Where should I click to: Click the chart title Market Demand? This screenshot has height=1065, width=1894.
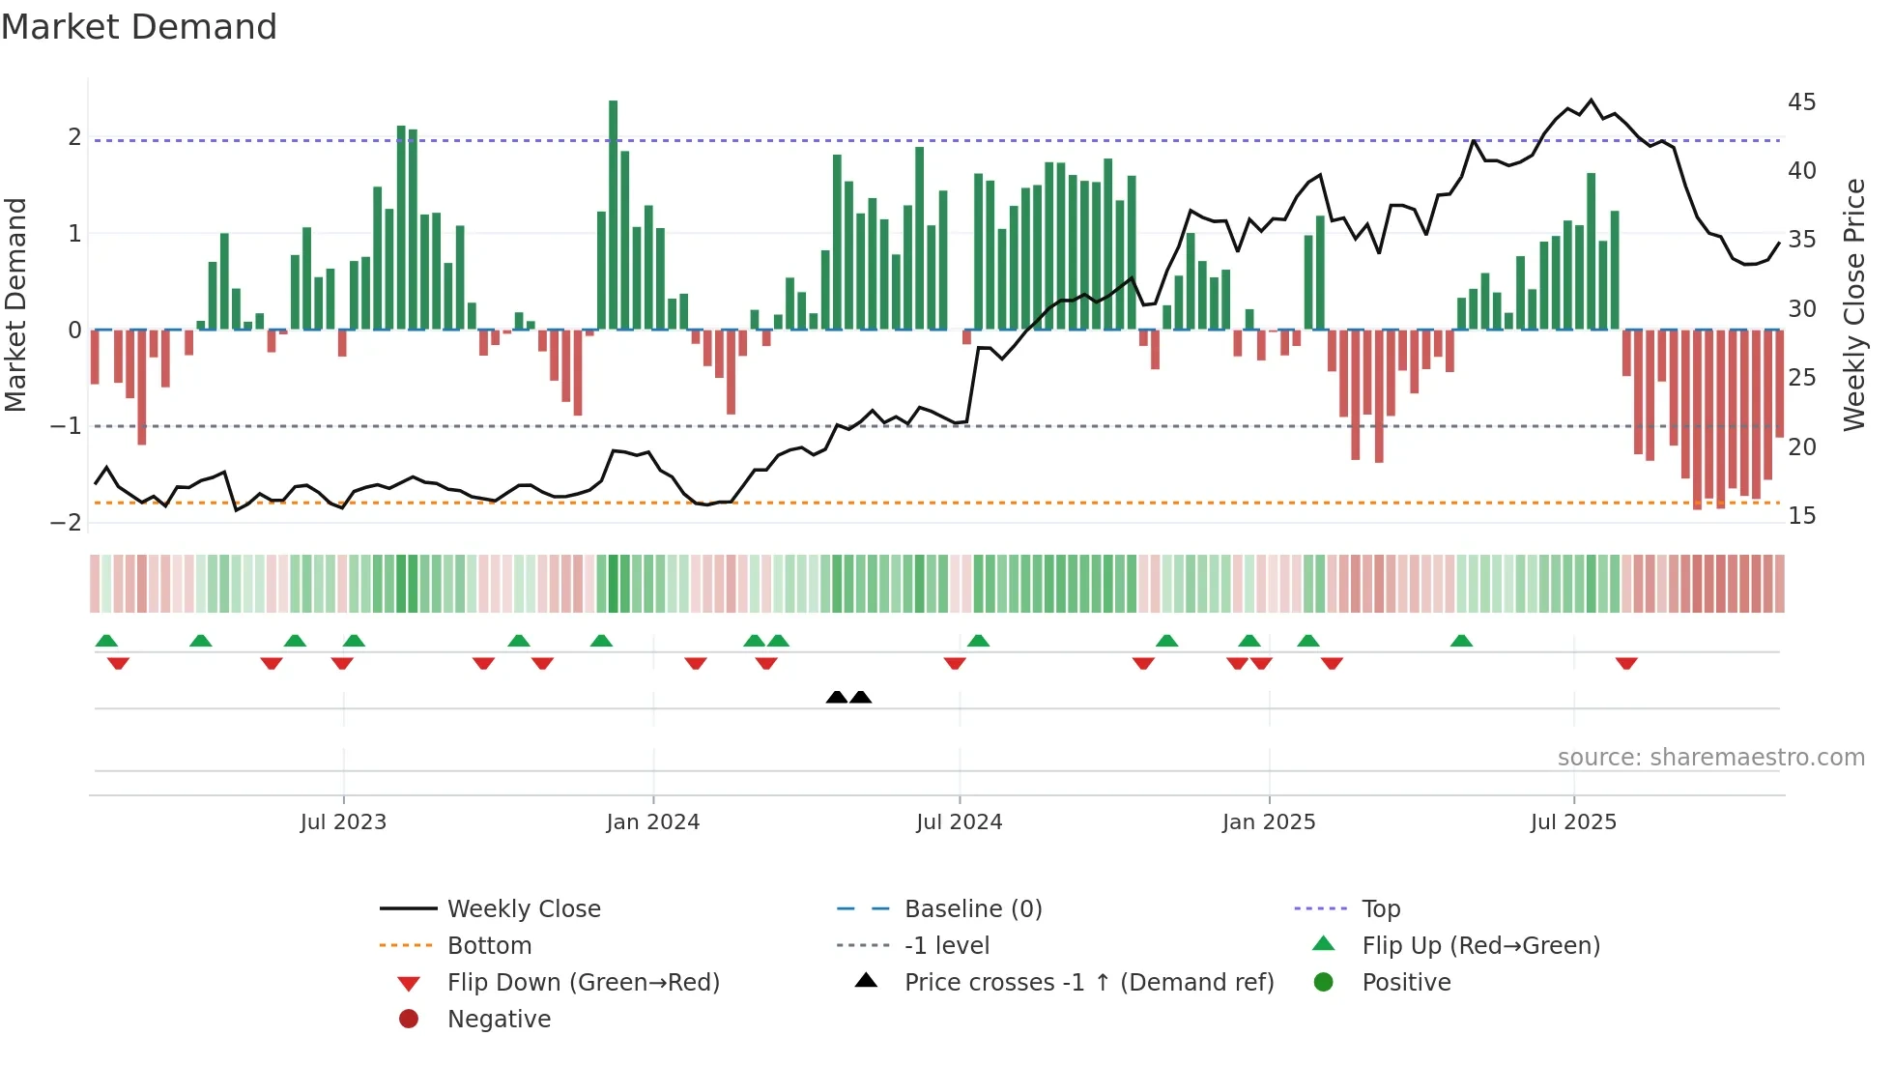[139, 27]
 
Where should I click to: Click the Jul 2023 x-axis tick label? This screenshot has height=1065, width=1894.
[343, 822]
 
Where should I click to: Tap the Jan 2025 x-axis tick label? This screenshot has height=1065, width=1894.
[1268, 822]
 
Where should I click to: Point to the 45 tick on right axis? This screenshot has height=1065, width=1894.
[1801, 102]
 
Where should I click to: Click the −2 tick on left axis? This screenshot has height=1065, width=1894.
[67, 523]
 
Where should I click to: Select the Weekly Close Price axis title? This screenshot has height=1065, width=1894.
[1853, 304]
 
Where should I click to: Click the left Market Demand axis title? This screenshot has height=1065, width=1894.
[16, 304]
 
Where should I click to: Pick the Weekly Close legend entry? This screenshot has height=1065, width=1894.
[523, 909]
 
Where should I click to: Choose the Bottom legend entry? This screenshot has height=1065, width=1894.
[489, 946]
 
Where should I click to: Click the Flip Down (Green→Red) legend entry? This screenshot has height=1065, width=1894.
[583, 983]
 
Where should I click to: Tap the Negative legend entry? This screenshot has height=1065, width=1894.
[499, 1020]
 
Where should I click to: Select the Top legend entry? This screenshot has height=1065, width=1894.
[1380, 909]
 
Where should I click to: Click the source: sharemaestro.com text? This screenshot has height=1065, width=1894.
[1710, 758]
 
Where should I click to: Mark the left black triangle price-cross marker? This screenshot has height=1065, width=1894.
[837, 697]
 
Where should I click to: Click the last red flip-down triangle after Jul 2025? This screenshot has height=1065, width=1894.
[1626, 663]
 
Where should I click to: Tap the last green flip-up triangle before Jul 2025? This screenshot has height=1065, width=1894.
[1461, 641]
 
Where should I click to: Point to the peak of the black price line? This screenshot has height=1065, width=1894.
[1592, 100]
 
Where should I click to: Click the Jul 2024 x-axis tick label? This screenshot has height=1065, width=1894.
[959, 822]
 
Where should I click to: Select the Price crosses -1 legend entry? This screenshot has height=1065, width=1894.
[1088, 983]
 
